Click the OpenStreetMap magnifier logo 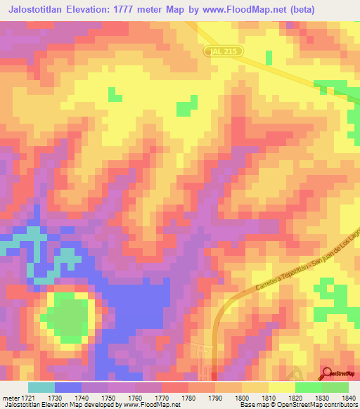328,373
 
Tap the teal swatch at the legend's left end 41,387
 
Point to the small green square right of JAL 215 269,56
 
